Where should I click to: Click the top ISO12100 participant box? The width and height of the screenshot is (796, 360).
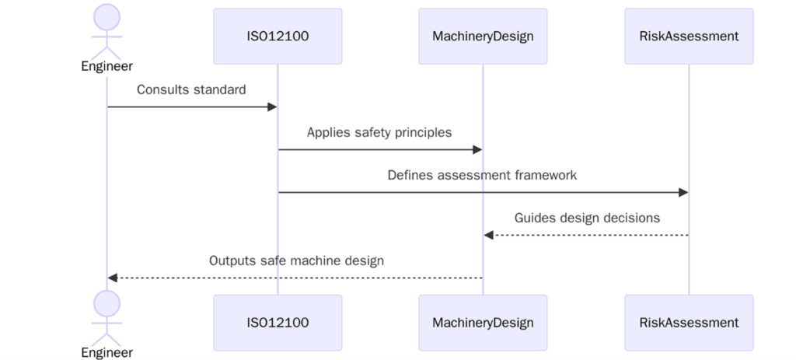[x=278, y=36]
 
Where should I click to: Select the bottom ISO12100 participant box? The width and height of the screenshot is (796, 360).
[x=278, y=322]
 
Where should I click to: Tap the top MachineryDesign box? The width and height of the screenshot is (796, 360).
[x=483, y=36]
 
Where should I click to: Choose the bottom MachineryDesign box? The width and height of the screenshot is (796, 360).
[x=483, y=322]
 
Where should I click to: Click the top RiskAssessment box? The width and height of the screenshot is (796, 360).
[x=689, y=36]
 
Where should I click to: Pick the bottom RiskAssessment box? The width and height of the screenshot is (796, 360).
[x=689, y=322]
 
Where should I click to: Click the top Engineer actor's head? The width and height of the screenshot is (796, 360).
[x=107, y=16]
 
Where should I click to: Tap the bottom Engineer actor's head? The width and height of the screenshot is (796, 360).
[x=107, y=303]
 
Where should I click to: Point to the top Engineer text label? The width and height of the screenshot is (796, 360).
[x=107, y=66]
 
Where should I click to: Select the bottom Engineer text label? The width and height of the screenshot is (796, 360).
[x=107, y=352]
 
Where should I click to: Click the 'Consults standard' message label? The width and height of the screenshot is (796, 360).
[x=191, y=89]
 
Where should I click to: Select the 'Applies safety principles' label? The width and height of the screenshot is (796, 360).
[x=379, y=132]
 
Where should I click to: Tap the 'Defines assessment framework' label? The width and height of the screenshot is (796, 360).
[x=482, y=175]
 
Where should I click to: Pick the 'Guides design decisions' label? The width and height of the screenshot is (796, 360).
[x=587, y=218]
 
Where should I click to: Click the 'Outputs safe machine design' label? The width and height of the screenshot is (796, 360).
[x=296, y=260]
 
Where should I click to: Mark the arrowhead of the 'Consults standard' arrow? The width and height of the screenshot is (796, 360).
[x=272, y=107]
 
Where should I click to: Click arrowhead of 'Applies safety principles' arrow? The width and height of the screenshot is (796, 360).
[x=477, y=149]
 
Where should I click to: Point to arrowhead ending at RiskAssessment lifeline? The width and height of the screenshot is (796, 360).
[x=683, y=192]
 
